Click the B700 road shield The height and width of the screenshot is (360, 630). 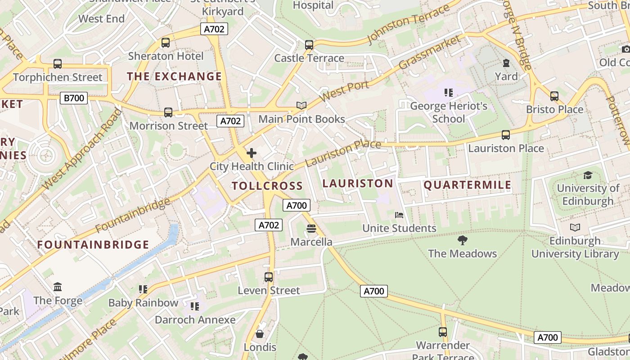coord(73,98)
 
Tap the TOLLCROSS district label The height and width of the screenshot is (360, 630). coord(267,186)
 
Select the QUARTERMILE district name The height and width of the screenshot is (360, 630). coord(468,185)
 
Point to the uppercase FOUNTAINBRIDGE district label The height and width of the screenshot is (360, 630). coord(93,245)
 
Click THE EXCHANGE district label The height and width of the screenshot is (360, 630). coord(174,76)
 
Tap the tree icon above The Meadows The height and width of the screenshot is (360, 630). coord(462,240)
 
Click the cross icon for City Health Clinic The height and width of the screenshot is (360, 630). coord(252,153)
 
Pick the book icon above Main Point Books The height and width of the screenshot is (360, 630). coord(301,106)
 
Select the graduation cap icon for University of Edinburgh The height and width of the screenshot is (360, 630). coord(588,175)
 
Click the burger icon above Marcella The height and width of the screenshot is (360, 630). coord(311,229)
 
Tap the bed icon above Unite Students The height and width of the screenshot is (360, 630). coord(399,215)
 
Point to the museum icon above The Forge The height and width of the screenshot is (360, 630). coord(58,287)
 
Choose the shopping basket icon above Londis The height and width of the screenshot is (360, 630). coord(260,334)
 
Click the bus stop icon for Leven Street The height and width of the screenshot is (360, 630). coord(269,277)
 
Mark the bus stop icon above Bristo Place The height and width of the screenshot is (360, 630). coord(554,96)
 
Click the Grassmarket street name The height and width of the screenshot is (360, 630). coord(430,53)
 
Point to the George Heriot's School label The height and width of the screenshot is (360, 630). coord(449,112)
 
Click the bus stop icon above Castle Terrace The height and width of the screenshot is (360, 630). coord(309,45)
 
